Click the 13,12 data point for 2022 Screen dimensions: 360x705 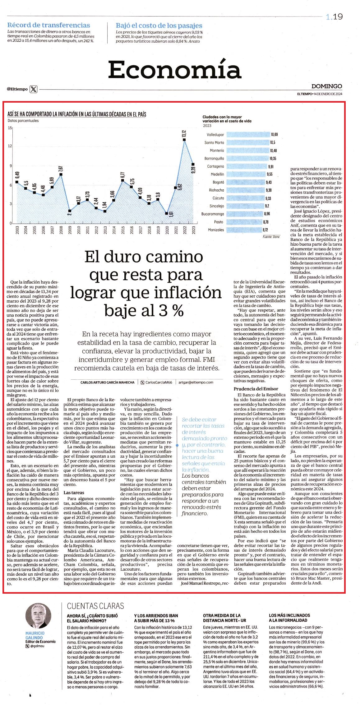coord(184,140)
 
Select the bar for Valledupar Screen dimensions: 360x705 coord(248,135)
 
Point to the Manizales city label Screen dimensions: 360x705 coord(216,230)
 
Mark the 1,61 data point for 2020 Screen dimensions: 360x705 coord(167,213)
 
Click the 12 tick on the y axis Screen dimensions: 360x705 coord(10,146)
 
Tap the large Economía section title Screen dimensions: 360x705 coord(174,70)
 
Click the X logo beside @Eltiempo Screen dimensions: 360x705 coord(34,89)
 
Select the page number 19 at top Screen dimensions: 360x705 coord(338,17)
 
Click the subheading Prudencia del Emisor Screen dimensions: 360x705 coord(256,389)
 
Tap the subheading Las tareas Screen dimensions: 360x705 coord(74,493)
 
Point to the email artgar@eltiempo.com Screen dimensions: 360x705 coord(196,382)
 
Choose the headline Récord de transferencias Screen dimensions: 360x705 coord(48,26)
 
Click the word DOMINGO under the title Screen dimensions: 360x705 coord(327,86)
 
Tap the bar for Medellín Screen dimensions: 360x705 coord(246,174)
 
